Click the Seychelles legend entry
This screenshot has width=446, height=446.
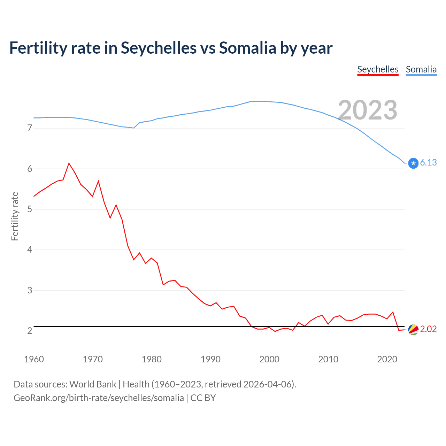(x=378, y=69)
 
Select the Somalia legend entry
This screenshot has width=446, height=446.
(x=421, y=69)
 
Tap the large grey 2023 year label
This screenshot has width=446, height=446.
(x=368, y=110)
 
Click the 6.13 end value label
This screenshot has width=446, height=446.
(x=428, y=162)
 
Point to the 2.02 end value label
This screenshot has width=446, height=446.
(x=428, y=329)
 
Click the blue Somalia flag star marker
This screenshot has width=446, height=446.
(x=413, y=163)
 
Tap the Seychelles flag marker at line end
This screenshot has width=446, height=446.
(x=413, y=329)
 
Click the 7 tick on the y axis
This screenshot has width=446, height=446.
(x=30, y=128)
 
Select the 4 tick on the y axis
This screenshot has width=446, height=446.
(x=30, y=249)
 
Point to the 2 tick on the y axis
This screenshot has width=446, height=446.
(x=30, y=331)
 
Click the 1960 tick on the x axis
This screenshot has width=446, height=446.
(x=34, y=359)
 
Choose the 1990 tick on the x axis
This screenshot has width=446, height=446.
(x=210, y=359)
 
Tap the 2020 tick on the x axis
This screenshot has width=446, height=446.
(x=387, y=359)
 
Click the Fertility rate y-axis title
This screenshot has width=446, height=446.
(x=15, y=216)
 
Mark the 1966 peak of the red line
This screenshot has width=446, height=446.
(x=69, y=163)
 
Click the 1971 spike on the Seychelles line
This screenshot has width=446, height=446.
(x=99, y=181)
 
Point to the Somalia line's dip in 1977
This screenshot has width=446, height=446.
(x=134, y=128)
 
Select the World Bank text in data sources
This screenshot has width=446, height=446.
(x=93, y=384)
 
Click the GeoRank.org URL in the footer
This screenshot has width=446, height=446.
(x=99, y=398)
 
